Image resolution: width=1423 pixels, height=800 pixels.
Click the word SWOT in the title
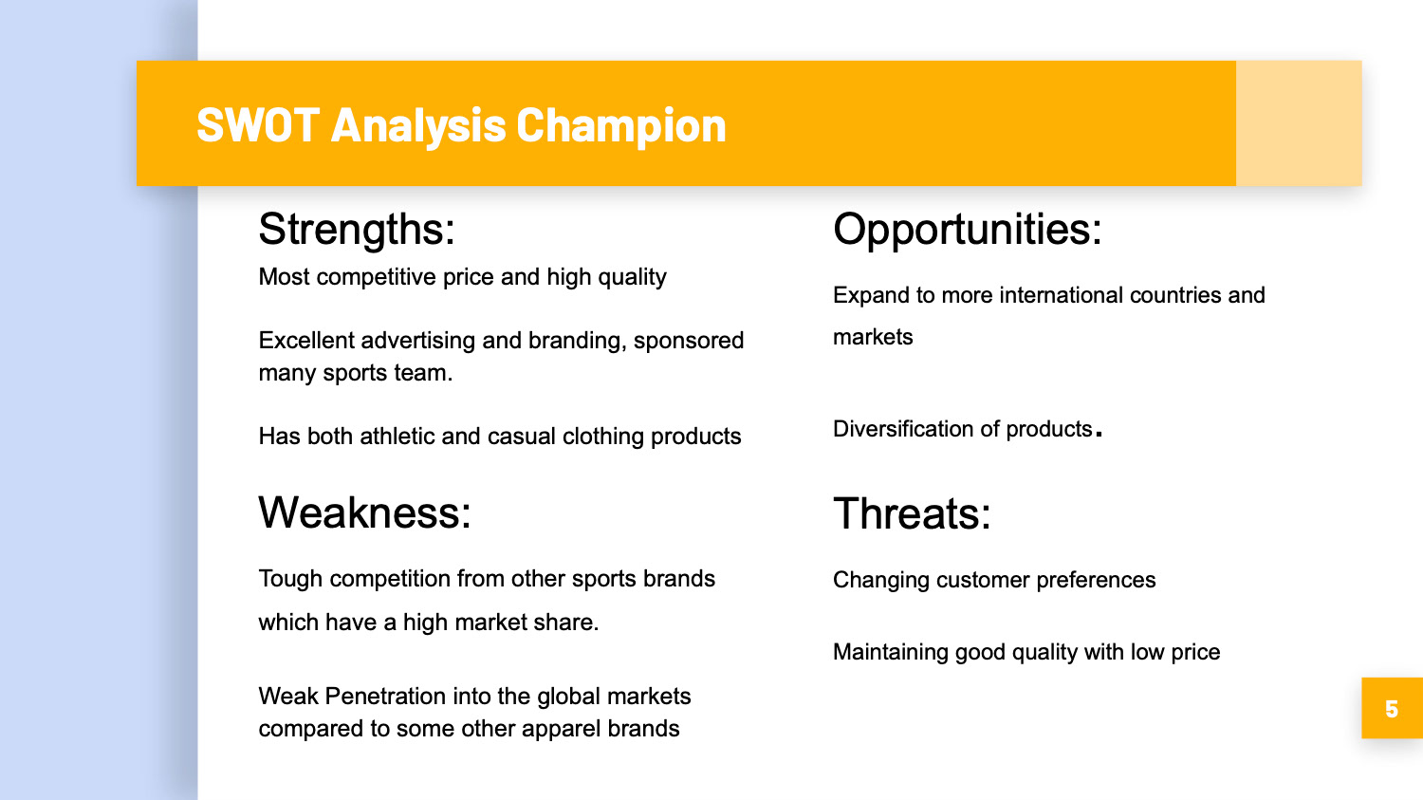257,124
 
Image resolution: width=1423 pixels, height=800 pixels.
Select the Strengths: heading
357,230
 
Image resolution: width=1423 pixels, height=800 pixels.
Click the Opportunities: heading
967,230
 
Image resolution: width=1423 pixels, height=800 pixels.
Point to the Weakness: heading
364,512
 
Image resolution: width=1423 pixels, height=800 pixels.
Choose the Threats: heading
912,512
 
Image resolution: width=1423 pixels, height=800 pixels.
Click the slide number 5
1392,709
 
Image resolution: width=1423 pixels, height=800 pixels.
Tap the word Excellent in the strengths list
306,341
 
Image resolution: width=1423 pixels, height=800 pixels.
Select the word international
1061,295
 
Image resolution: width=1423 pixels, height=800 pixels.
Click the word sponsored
689,342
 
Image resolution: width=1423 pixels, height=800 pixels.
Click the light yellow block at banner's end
1299,123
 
